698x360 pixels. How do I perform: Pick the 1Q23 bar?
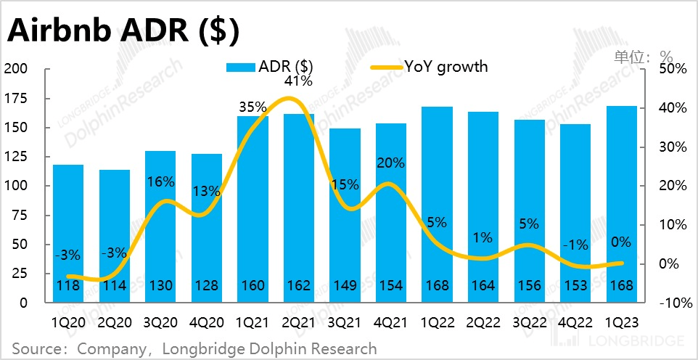pos(621,203)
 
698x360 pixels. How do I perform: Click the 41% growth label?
pos(298,81)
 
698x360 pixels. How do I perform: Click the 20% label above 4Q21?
pos(391,163)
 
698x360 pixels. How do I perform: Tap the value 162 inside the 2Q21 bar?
pos(299,286)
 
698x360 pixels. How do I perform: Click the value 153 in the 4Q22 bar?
pos(575,286)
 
